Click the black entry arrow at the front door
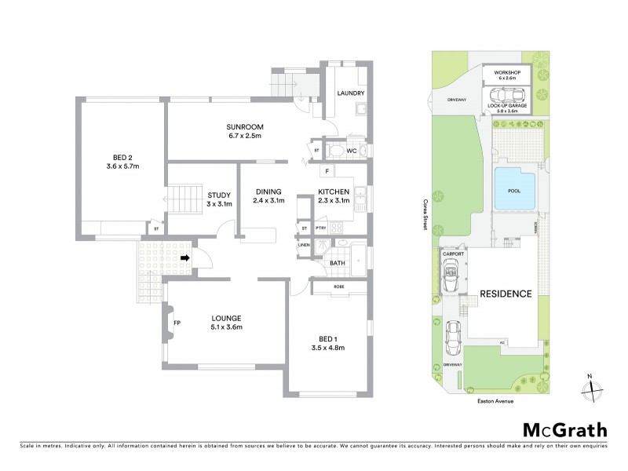(x=185, y=257)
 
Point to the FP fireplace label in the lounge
(x=177, y=323)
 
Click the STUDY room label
(x=217, y=196)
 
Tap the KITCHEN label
(x=334, y=192)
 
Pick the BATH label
(x=338, y=264)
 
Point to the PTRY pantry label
(x=320, y=228)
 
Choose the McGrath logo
(x=564, y=429)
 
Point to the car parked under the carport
(x=452, y=276)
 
